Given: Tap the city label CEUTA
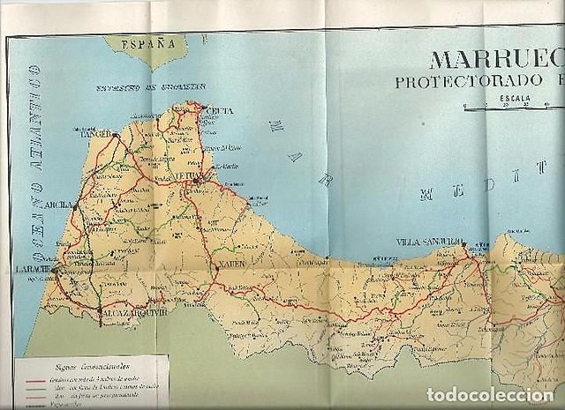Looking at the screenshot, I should point(220,110).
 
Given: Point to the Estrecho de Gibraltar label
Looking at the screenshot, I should point(151,87).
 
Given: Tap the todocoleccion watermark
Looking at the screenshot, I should point(489,394).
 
